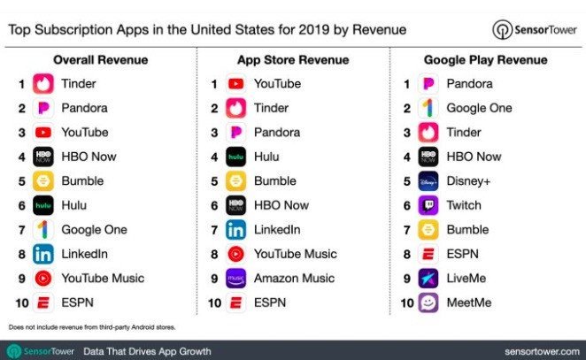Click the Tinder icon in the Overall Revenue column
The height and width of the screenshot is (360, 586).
(x=43, y=84)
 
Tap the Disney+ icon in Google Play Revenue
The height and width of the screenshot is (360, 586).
(x=428, y=180)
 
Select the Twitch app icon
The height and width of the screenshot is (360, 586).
(x=428, y=205)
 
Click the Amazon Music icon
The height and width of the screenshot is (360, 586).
(x=235, y=278)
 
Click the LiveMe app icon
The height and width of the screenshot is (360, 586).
(x=428, y=278)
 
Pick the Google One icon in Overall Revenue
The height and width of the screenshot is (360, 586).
(x=43, y=229)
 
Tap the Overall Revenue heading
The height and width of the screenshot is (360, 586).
(x=100, y=60)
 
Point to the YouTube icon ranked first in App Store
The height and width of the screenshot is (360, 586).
(x=235, y=84)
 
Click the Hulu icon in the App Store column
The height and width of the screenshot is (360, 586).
(x=235, y=157)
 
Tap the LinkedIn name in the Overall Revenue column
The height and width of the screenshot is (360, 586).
(x=86, y=254)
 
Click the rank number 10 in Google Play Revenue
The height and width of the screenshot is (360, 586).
(x=407, y=303)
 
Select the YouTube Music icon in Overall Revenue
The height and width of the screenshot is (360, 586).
(x=43, y=278)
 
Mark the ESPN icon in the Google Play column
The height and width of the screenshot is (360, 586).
(x=428, y=254)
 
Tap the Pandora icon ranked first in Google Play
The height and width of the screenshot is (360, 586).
(x=428, y=84)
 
